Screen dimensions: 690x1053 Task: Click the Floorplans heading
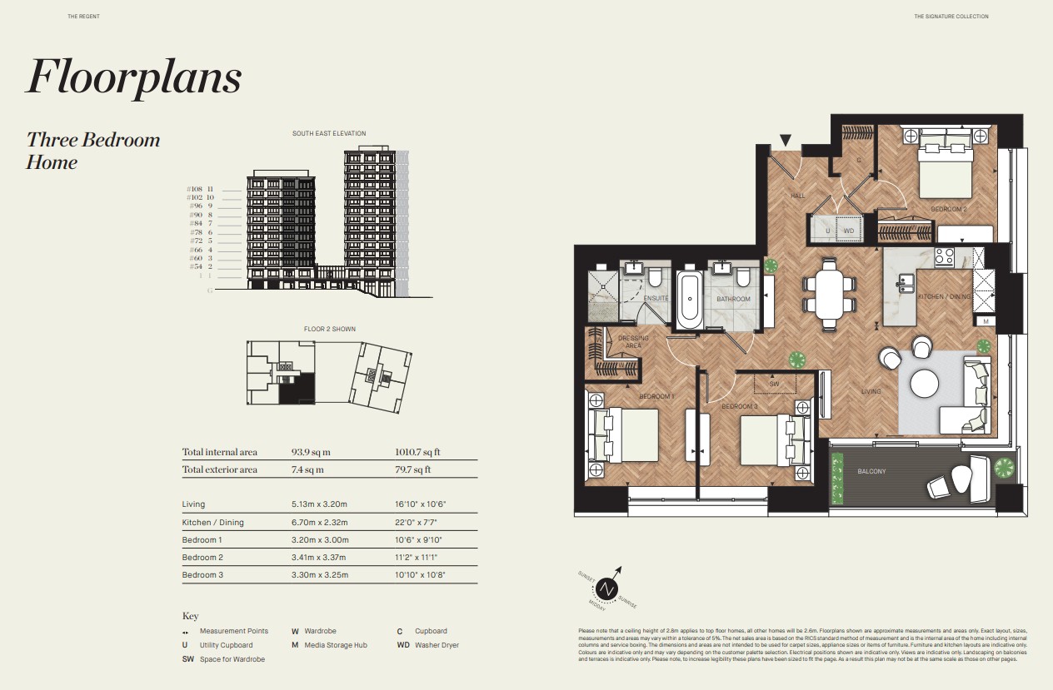click(134, 77)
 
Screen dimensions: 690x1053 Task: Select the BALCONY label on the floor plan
click(871, 472)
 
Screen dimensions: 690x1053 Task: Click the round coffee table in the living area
click(925, 383)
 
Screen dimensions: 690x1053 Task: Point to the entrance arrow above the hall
click(785, 141)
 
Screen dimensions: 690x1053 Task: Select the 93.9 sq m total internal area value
click(311, 452)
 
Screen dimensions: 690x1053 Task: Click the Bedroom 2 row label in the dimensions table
click(199, 558)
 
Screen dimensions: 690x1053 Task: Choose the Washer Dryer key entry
click(437, 645)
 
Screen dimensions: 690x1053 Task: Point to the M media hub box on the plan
click(985, 321)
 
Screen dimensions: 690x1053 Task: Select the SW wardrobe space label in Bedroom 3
click(774, 385)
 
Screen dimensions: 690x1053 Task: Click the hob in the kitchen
click(946, 257)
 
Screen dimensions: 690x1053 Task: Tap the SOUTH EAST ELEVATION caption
click(329, 133)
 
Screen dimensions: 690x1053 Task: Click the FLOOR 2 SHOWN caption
click(329, 329)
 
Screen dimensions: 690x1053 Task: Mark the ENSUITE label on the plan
click(656, 298)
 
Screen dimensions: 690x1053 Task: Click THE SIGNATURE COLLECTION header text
click(951, 17)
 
